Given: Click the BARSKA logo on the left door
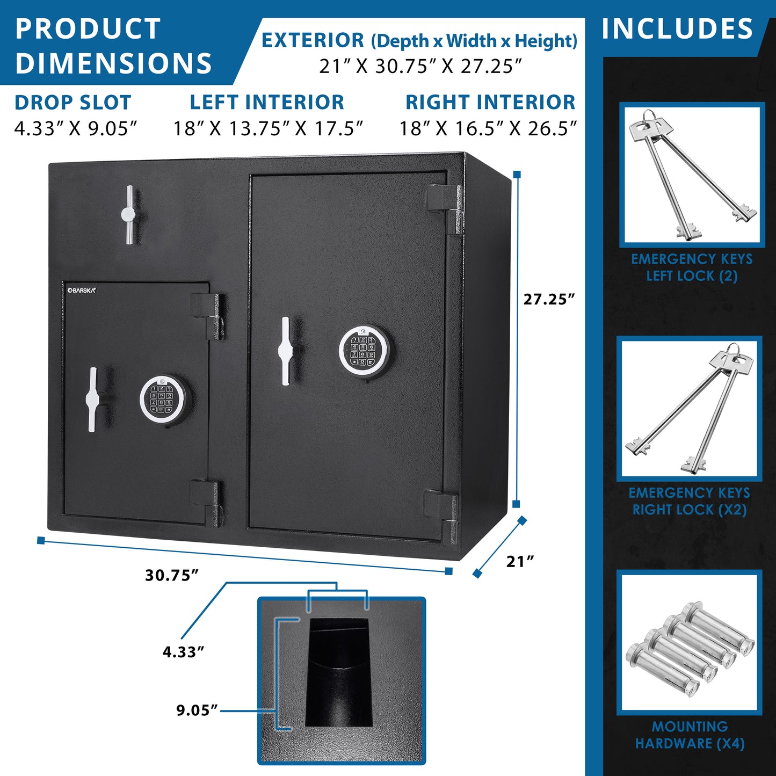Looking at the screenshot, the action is [81, 291].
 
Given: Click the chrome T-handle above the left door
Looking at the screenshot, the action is [129, 215].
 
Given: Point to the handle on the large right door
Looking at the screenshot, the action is [285, 351].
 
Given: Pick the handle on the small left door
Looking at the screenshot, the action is [92, 400].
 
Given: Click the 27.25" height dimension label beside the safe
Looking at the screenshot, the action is [549, 299].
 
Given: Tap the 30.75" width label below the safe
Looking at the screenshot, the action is [172, 576].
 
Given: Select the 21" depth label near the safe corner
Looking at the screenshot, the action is [520, 561].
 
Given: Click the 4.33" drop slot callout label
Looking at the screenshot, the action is [183, 652].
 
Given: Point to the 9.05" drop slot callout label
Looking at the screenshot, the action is [197, 710].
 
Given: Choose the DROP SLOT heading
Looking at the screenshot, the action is [73, 102].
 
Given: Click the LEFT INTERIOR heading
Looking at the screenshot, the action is [267, 102].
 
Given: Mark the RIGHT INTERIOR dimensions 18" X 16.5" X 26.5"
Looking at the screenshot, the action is [488, 128].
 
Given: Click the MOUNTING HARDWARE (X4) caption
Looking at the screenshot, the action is [690, 735].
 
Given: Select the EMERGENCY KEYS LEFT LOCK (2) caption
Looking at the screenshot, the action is [692, 267].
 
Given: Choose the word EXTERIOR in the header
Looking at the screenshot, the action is [313, 40].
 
